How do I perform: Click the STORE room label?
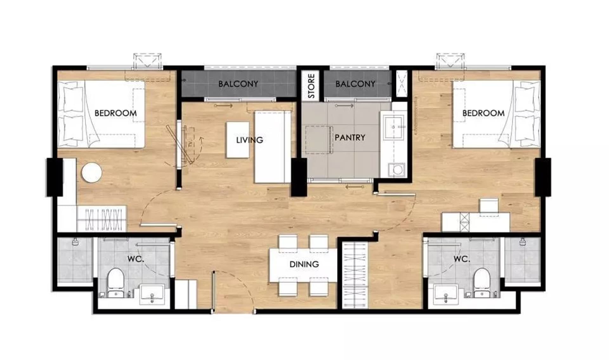311,86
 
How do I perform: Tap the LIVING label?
250,140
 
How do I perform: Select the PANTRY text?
350,138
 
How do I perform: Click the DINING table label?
304,264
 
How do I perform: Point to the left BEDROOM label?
116,113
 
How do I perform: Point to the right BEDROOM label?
483,113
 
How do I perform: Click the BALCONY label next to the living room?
238,84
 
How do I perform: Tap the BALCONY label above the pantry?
355,84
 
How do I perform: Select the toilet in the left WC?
115,283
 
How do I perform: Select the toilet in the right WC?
482,283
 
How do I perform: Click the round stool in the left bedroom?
92,173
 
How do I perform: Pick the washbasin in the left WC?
152,294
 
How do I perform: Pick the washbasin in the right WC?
446,294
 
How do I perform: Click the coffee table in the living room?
238,140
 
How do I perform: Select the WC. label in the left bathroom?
136,259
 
